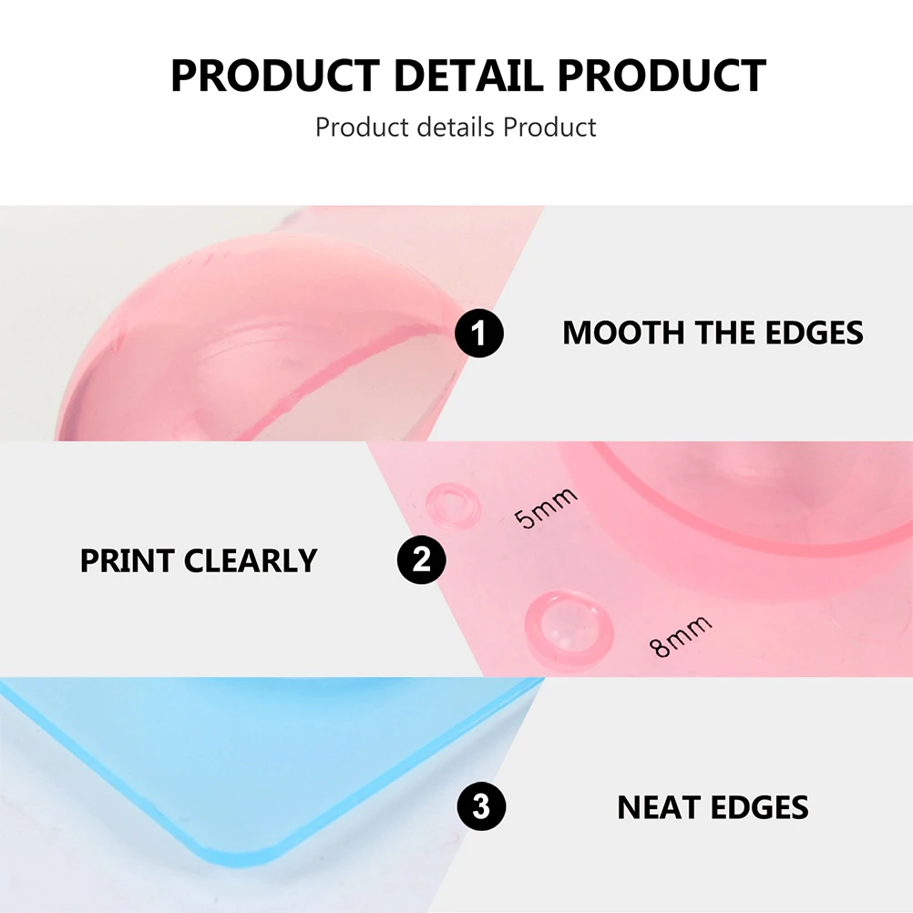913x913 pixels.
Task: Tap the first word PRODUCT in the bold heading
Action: [x=275, y=76]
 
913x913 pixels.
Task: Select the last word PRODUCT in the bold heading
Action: [x=662, y=76]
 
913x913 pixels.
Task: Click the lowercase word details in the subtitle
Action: [x=456, y=127]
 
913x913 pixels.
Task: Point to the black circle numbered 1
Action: [x=479, y=333]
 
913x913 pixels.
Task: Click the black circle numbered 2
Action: [x=422, y=559]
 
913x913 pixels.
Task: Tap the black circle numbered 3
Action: [x=481, y=806]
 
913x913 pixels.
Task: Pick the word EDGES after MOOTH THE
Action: [x=814, y=333]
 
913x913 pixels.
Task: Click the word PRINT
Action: [x=127, y=560]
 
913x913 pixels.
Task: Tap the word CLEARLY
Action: [x=251, y=560]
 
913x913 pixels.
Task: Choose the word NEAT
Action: [x=658, y=807]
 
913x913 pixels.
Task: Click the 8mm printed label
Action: [x=680, y=635]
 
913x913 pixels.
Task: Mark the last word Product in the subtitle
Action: [x=549, y=127]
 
